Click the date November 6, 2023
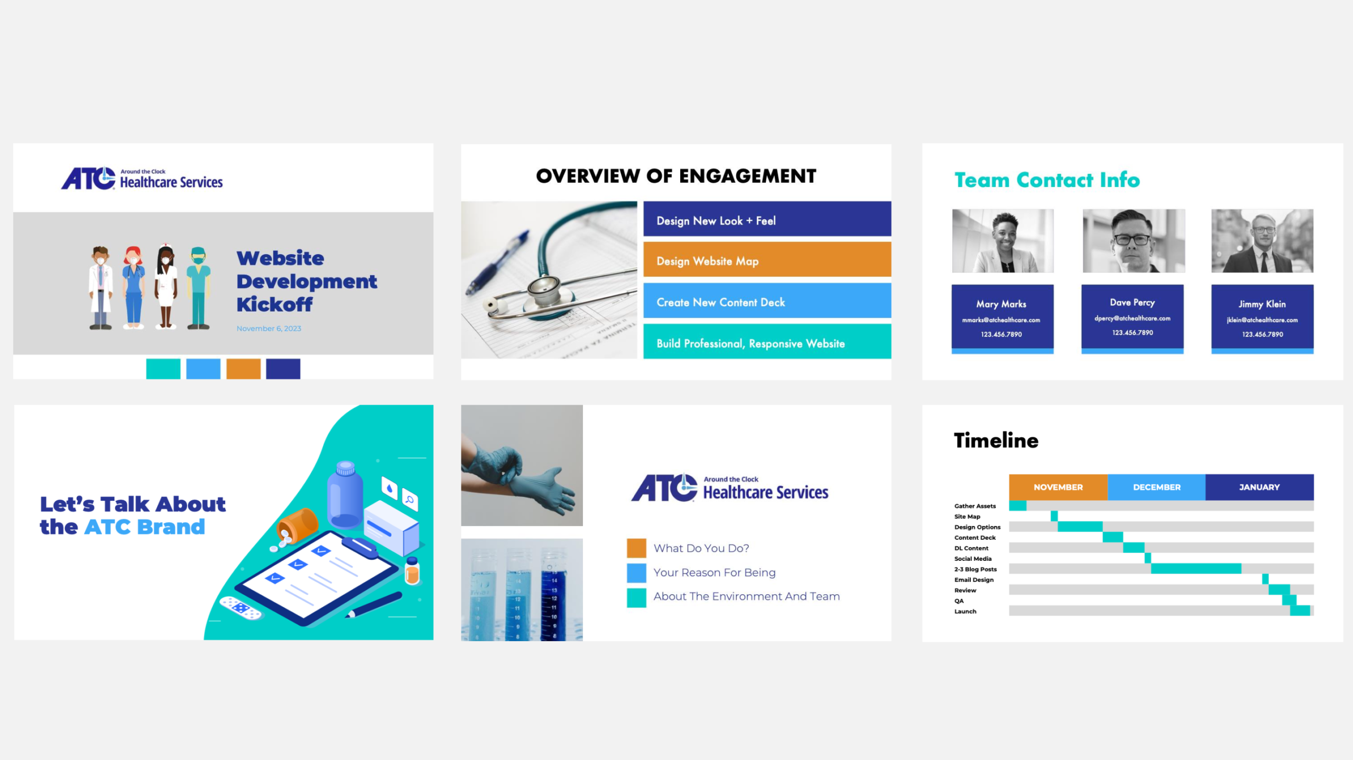pos(268,329)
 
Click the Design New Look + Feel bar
pos(767,219)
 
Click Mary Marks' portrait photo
pos(1003,241)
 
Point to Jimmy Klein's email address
pos(1262,320)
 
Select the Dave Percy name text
pos(1132,303)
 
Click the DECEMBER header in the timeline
pos(1156,487)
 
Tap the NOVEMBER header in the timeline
pos(1058,487)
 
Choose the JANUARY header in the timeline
pos(1259,487)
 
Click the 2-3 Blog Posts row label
pos(975,569)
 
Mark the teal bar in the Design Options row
pos(1080,527)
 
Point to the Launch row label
pos(965,612)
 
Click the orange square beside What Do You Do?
pos(636,548)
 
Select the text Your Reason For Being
pos(714,573)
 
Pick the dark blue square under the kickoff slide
pos(283,369)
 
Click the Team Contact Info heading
pos(1046,180)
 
